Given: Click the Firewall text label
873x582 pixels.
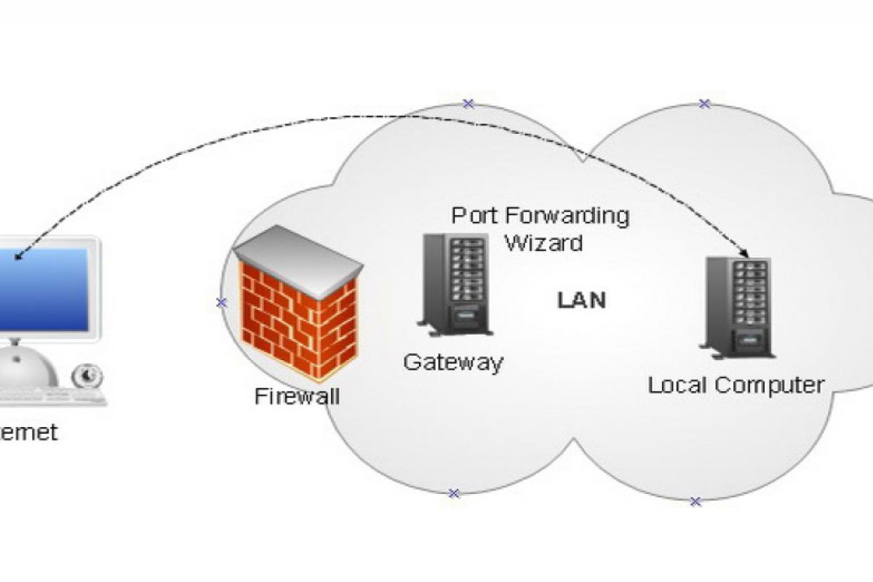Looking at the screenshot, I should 298,396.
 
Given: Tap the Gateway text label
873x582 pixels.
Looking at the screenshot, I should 453,362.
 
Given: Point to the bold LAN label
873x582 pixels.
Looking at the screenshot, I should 581,300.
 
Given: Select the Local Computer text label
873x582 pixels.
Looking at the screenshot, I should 736,384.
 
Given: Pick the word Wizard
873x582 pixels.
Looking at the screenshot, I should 544,242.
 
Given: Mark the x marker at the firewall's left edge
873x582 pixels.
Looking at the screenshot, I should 222,302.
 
